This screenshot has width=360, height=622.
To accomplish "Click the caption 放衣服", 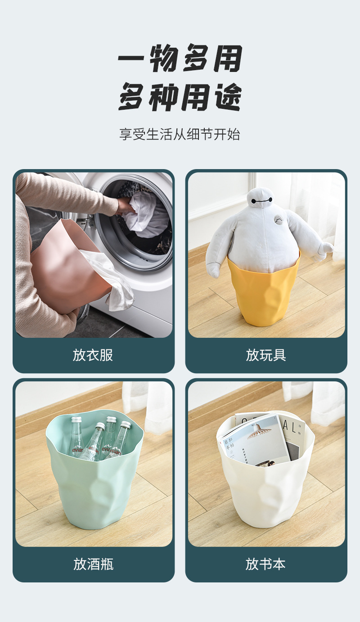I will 93,355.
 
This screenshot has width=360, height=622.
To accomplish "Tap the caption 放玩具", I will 266,355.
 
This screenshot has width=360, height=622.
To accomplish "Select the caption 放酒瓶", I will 93,564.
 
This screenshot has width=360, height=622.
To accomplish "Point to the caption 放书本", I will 266,564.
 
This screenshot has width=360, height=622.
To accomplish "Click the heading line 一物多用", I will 180,58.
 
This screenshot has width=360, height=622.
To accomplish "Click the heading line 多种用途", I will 180,97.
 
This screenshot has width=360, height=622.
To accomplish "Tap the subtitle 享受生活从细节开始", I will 180,134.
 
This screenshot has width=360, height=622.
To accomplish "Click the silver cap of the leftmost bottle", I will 76,420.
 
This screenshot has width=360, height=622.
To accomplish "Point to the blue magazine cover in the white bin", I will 254,439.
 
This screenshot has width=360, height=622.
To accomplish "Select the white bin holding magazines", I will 265,486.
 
